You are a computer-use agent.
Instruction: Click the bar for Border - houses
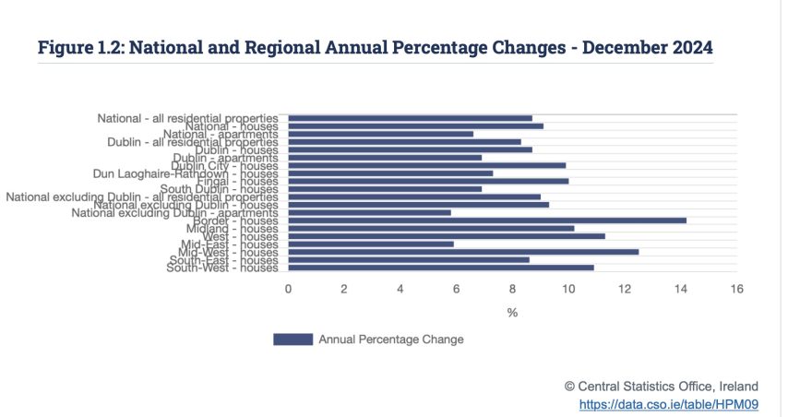(x=487, y=220)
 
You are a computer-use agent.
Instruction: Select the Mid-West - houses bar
(x=463, y=252)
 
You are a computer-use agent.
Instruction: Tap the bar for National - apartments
(x=380, y=134)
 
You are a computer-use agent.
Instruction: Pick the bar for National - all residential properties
(x=410, y=118)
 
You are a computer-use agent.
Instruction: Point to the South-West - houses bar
(x=441, y=268)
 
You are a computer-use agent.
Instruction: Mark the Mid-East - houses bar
(x=371, y=244)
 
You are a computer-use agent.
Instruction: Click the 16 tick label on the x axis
(x=736, y=289)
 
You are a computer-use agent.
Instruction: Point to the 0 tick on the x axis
(x=288, y=289)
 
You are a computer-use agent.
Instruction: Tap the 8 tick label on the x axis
(x=512, y=289)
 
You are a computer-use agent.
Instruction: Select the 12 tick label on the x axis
(x=625, y=289)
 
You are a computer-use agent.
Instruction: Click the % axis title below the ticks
(x=512, y=313)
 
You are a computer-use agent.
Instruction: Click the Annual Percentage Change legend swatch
(x=293, y=340)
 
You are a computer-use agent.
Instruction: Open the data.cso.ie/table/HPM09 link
(x=669, y=404)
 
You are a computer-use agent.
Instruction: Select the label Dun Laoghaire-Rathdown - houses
(x=185, y=173)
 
